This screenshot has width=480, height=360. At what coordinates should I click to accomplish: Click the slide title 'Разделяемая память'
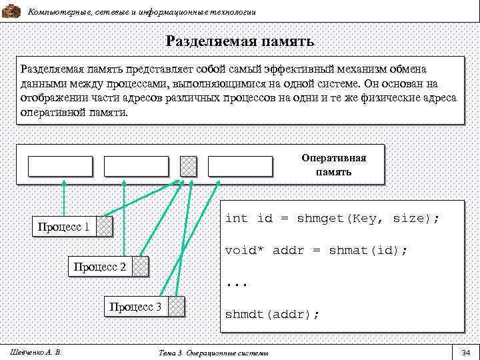click(x=240, y=42)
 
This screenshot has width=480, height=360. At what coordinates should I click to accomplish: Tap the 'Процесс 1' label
click(x=64, y=227)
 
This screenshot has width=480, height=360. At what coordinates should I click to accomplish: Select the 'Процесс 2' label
click(x=100, y=267)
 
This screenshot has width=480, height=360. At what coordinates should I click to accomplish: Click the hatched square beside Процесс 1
click(x=105, y=227)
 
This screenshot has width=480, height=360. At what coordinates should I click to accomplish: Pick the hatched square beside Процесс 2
click(x=141, y=267)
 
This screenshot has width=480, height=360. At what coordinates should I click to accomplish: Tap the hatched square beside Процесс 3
click(x=176, y=307)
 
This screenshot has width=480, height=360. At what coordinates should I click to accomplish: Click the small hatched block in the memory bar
click(x=189, y=166)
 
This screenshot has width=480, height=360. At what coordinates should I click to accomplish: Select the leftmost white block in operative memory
click(x=60, y=166)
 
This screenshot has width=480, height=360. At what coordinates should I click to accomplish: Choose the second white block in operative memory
click(x=137, y=166)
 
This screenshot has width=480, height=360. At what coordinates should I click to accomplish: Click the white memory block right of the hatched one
click(x=240, y=166)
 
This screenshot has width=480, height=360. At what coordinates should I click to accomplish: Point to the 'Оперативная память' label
click(x=343, y=165)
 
